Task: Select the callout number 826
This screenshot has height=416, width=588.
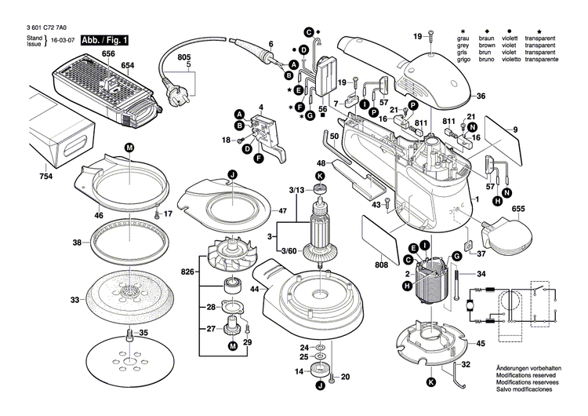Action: (x=187, y=272)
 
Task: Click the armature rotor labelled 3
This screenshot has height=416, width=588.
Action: (x=321, y=233)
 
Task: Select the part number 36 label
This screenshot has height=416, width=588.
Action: (x=481, y=96)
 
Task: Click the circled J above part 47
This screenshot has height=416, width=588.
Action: (x=232, y=174)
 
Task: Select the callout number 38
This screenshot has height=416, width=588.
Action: (x=77, y=243)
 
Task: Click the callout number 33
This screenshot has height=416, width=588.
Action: (x=74, y=300)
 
